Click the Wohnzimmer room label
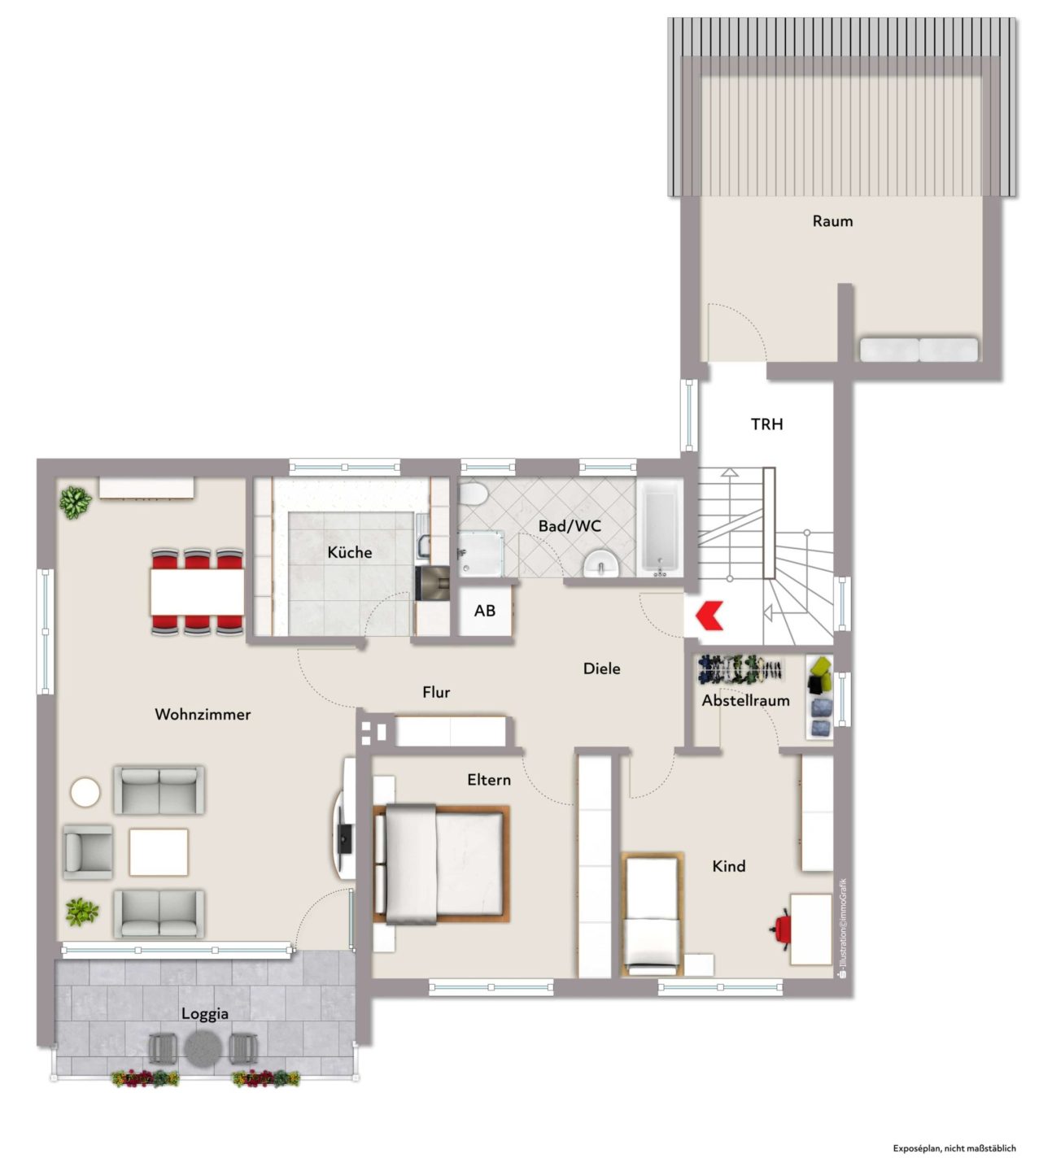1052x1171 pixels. click(203, 714)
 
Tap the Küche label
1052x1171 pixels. click(349, 552)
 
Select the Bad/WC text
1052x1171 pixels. click(570, 526)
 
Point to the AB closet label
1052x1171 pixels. click(485, 611)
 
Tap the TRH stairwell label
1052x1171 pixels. click(767, 424)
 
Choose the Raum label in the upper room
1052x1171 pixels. click(832, 221)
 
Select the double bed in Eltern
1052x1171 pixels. click(441, 863)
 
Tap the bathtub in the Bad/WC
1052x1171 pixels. click(660, 527)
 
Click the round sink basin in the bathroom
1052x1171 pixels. click(601, 564)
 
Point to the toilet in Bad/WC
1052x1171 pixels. click(473, 494)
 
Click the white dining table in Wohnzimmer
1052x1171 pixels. click(197, 592)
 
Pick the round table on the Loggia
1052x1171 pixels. click(203, 1048)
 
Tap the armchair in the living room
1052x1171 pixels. click(87, 852)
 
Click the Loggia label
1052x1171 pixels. click(205, 1013)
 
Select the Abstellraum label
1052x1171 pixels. click(745, 700)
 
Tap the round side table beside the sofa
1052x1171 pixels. click(85, 792)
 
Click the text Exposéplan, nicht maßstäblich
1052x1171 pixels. click(954, 1148)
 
